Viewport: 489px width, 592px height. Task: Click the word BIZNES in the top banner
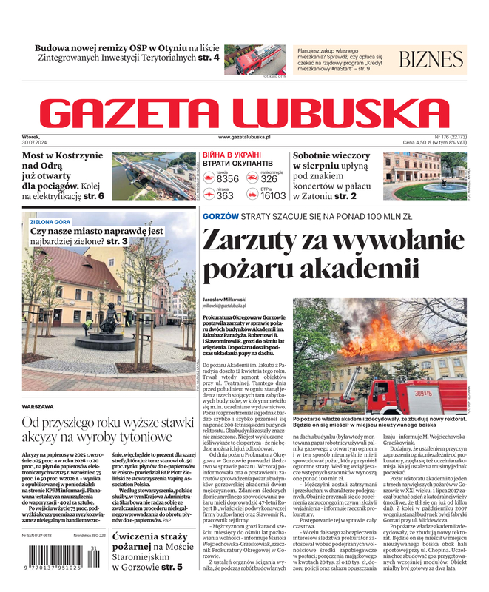(x=431, y=60)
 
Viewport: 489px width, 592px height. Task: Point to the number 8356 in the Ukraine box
(x=227, y=179)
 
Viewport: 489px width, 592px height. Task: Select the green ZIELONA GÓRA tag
(x=50, y=221)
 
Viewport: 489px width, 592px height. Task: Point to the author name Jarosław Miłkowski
(x=225, y=299)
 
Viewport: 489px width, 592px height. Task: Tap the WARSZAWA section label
(x=38, y=407)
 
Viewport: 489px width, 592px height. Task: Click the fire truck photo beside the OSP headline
(x=254, y=59)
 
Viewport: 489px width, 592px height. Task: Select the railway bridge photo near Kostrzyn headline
(x=154, y=176)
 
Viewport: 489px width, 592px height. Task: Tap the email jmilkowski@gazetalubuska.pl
(x=225, y=306)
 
